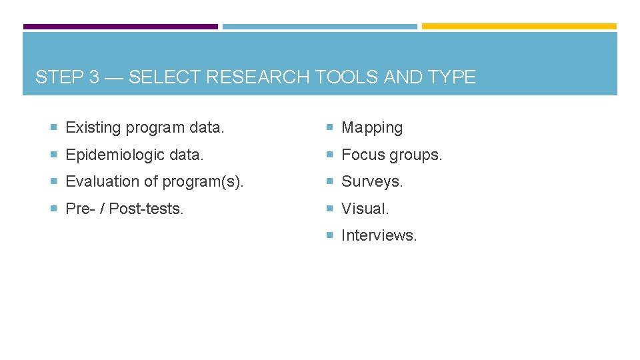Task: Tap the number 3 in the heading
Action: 93,77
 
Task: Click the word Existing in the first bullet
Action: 94,127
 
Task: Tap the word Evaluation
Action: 99,181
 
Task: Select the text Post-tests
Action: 147,209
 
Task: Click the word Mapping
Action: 372,128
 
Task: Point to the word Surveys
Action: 371,181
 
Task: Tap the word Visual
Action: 365,209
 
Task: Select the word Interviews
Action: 379,235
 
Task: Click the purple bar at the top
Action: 121,27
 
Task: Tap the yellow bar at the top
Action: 519,27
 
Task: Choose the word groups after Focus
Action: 417,155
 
